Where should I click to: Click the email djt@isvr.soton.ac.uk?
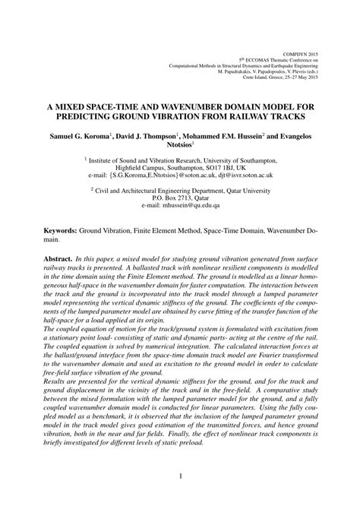pos(232,175)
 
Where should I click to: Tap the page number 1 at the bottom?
pos(180,477)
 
